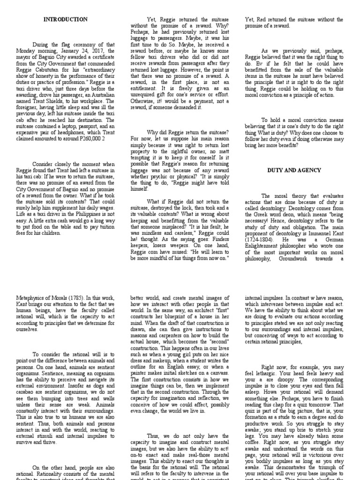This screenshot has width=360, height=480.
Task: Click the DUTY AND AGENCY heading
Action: [294, 171]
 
